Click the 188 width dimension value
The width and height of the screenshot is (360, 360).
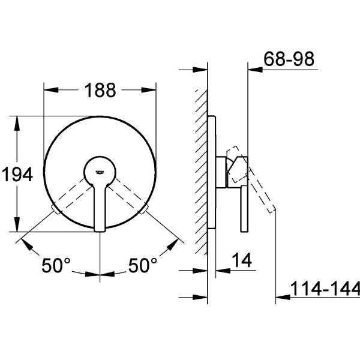[x=100, y=90]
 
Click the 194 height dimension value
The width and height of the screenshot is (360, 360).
[x=17, y=174]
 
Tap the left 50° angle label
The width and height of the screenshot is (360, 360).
[x=56, y=265]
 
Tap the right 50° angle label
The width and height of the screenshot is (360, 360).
[x=143, y=265]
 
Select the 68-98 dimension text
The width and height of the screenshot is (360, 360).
[x=289, y=59]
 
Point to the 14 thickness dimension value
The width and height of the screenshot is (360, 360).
[x=242, y=260]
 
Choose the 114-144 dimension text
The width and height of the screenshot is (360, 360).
[x=325, y=289]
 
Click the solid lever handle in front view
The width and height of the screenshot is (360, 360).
[x=100, y=206]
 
